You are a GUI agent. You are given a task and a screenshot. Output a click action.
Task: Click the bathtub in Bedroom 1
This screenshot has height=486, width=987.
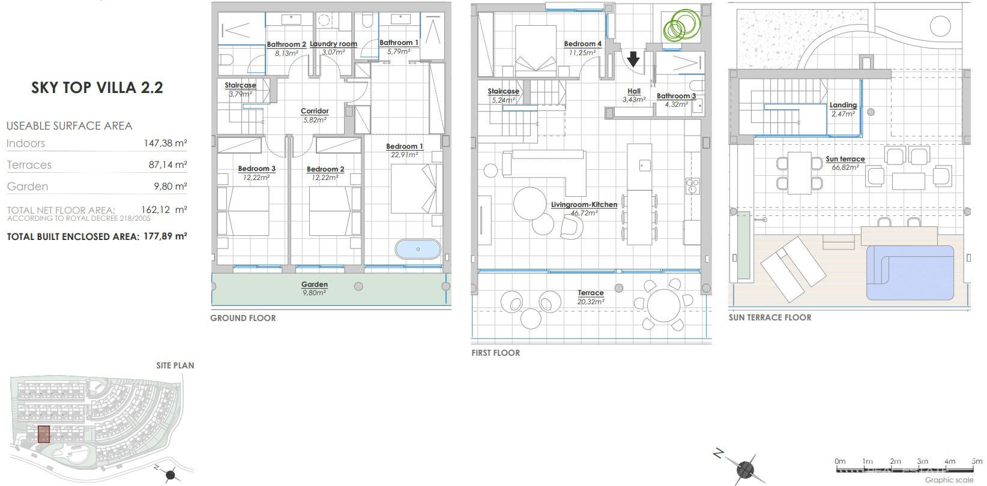418,249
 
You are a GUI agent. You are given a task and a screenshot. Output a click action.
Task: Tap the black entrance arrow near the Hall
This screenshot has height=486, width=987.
633,59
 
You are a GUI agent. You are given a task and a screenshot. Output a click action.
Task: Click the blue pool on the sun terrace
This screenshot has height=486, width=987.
910,272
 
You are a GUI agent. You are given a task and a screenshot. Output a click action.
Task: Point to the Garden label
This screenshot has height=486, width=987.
314,284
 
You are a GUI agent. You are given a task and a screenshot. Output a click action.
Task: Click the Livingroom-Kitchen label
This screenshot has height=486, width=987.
584,205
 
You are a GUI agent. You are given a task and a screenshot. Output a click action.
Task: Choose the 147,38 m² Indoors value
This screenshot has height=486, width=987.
165,143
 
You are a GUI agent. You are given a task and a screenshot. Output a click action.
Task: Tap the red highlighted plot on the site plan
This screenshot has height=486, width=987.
44,434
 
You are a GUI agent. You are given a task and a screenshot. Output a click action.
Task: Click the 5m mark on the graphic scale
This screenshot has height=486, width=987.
977,461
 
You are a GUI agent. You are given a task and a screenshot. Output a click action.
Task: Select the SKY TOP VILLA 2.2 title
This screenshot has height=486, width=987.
97,88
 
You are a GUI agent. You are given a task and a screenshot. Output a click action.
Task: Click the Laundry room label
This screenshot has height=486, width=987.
333,44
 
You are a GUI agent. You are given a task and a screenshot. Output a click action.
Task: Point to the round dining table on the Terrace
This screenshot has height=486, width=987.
663,305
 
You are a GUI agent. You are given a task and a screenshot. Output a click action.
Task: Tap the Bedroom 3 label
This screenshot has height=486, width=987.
256,169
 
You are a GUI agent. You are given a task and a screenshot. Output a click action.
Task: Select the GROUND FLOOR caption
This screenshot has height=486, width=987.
243,318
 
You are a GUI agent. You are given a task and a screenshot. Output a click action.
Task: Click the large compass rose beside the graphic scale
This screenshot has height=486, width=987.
744,469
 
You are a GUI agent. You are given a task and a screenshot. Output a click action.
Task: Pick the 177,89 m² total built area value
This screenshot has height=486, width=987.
165,236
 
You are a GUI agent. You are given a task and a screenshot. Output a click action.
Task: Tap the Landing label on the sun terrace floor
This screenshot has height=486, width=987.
843,105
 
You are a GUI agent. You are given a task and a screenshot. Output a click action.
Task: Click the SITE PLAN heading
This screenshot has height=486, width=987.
175,365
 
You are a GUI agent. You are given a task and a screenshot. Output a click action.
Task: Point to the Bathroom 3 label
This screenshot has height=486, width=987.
676,96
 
